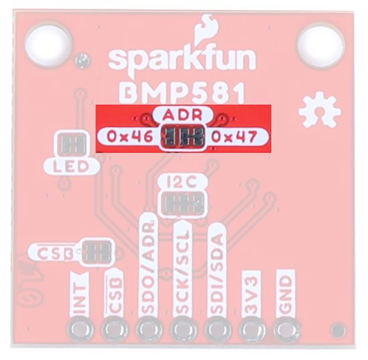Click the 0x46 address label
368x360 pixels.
[130, 137]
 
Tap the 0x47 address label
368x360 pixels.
[234, 137]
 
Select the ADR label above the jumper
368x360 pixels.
[183, 115]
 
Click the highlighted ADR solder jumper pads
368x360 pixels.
[183, 136]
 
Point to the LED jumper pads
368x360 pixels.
[72, 144]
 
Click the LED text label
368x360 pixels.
[71, 167]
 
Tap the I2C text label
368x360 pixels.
[182, 183]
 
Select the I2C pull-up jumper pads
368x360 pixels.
[183, 203]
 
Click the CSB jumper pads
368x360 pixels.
[98, 252]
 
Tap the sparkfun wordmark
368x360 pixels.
[182, 62]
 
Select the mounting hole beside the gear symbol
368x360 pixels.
[320, 45]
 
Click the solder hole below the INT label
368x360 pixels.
[80, 329]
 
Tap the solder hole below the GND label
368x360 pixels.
[286, 329]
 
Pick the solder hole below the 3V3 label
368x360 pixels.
[252, 329]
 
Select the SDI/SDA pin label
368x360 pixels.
[217, 271]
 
